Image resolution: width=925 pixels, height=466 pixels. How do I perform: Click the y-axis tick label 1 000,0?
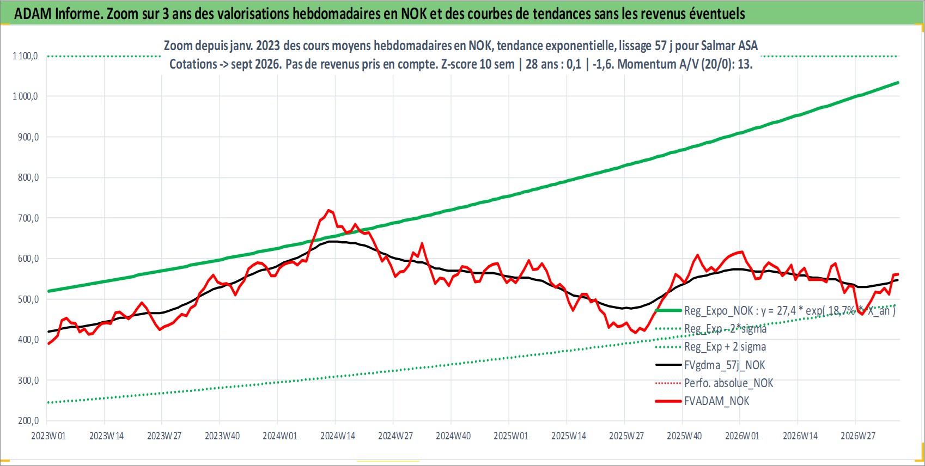pyautogui.click(x=25, y=96)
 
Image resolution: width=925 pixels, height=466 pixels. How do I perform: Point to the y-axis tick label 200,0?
pyautogui.click(x=28, y=421)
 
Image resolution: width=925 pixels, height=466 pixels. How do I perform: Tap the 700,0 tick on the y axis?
pyautogui.click(x=28, y=218)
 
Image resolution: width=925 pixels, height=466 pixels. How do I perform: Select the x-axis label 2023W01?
pyautogui.click(x=48, y=436)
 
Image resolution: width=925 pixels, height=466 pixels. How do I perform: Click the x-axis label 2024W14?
pyautogui.click(x=338, y=436)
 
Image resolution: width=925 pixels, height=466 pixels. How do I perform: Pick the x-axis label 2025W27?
pyautogui.click(x=626, y=436)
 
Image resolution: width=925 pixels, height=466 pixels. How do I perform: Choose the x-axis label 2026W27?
pyautogui.click(x=858, y=436)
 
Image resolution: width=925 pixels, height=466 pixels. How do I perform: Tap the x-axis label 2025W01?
pyautogui.click(x=511, y=436)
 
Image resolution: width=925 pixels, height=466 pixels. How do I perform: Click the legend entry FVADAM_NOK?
pyautogui.click(x=716, y=401)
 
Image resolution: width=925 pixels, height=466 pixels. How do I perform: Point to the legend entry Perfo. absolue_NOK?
pyautogui.click(x=728, y=383)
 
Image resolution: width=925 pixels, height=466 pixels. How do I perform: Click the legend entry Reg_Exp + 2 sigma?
pyautogui.click(x=725, y=347)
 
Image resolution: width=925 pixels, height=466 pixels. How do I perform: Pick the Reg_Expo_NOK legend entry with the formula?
pyautogui.click(x=790, y=310)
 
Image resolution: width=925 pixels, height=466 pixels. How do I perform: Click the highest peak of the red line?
pyautogui.click(x=329, y=210)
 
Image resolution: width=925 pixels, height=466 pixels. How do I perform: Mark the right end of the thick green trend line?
pyautogui.click(x=898, y=83)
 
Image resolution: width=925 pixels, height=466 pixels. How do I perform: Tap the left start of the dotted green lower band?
pyautogui.click(x=48, y=402)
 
